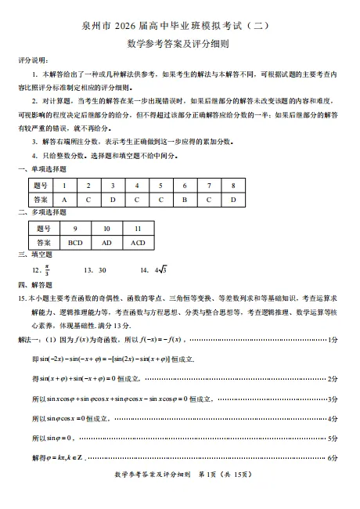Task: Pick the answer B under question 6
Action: click(x=185, y=200)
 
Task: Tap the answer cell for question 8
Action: click(x=233, y=200)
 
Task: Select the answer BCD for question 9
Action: click(x=75, y=243)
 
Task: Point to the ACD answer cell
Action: click(x=139, y=243)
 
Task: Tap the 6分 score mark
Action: click(x=332, y=457)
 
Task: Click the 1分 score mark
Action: click(x=332, y=339)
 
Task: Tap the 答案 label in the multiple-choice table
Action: click(x=43, y=243)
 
